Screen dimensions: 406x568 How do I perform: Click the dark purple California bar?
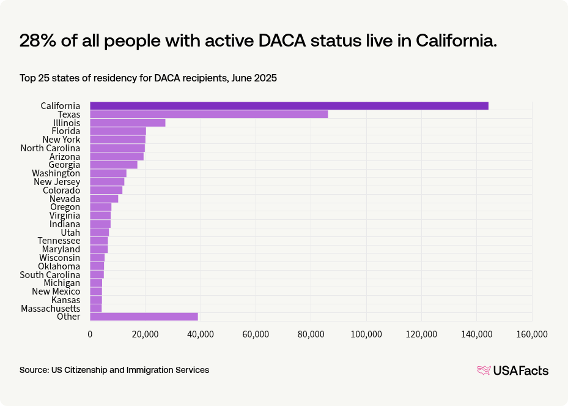tap(289, 106)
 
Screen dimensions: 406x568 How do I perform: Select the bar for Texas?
tap(208, 115)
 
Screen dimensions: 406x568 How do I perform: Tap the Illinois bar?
tap(127, 123)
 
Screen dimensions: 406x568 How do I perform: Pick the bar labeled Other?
tap(144, 317)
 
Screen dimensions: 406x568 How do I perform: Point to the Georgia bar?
tap(114, 165)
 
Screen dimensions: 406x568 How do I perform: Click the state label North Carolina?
tap(50, 148)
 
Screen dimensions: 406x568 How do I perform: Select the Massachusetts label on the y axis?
tap(50, 308)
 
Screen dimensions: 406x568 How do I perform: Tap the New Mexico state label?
tap(56, 291)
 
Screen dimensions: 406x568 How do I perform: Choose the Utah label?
tap(70, 233)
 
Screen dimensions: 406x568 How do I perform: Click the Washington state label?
tap(56, 173)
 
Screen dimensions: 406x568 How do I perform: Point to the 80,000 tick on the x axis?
tap(311, 334)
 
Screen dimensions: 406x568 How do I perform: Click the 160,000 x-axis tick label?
tap(531, 334)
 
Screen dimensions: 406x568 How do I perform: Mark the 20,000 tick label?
tap(145, 334)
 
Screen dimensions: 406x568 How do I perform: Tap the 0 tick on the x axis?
tap(90, 334)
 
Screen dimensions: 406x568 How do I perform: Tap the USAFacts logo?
tap(512, 370)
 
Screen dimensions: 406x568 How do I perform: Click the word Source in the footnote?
tap(34, 370)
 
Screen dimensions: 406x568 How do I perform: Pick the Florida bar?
tap(118, 131)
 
